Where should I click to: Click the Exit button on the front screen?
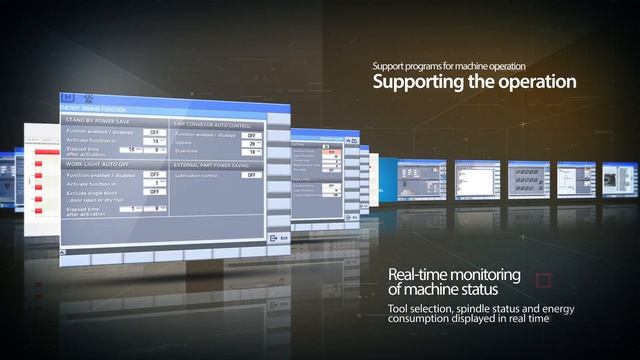tap(278, 238)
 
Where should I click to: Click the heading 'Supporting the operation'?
tap(474, 81)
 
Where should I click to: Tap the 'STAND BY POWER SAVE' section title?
tap(92, 119)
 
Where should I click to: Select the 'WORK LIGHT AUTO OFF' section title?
tap(94, 163)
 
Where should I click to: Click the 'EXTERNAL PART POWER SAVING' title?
tap(216, 163)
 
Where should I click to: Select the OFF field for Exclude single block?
tap(155, 192)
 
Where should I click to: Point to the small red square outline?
tap(544, 279)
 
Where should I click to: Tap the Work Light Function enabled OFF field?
tap(155, 173)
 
